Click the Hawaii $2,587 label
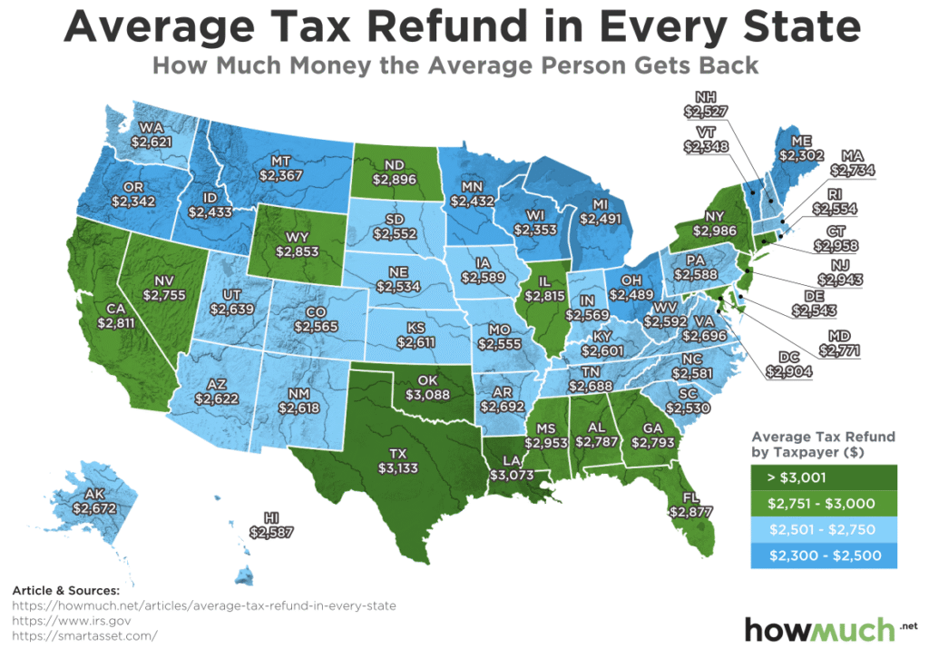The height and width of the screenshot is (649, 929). click(271, 524)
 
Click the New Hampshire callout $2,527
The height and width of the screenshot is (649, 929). click(707, 104)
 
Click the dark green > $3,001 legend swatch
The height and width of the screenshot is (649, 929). click(823, 475)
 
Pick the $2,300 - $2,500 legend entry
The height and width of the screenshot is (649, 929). click(823, 556)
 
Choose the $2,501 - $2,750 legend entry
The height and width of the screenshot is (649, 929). click(823, 528)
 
